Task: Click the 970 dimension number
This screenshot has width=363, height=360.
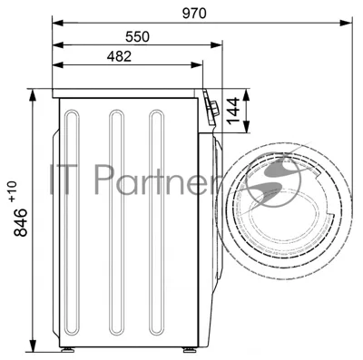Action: pos(194,14)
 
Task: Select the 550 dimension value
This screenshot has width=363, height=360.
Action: pos(137,36)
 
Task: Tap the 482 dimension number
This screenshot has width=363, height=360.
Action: pos(119,56)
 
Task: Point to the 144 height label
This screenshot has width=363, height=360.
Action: pos(233,111)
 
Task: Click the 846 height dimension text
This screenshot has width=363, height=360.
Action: pos(21,222)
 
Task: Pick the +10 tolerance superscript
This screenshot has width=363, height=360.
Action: pos(13,191)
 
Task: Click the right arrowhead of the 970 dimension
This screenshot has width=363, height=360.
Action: pos(346,23)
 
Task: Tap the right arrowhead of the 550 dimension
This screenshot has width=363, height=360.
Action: pos(217,45)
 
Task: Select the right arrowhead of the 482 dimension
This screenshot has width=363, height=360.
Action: pos(197,64)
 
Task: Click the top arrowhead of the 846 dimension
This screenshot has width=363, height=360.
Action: pos(33,95)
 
